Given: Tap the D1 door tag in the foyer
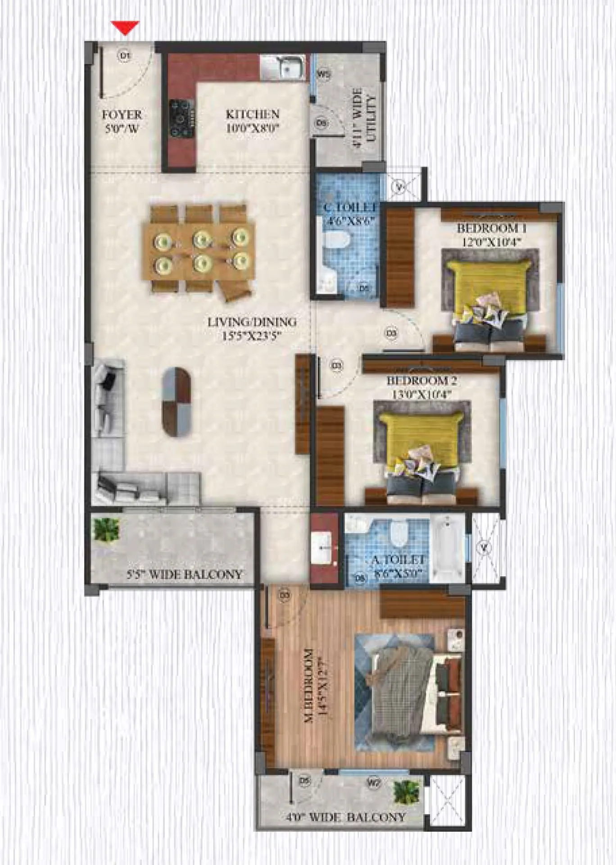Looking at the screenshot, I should (125, 56).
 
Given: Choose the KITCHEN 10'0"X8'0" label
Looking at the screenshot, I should (253, 121).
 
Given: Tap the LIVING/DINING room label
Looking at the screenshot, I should (252, 329).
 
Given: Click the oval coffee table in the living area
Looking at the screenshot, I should (177, 401).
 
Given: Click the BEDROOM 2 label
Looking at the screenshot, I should (422, 387).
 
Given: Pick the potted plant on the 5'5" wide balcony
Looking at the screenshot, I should (106, 529).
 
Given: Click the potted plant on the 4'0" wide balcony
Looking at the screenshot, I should (406, 792).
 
